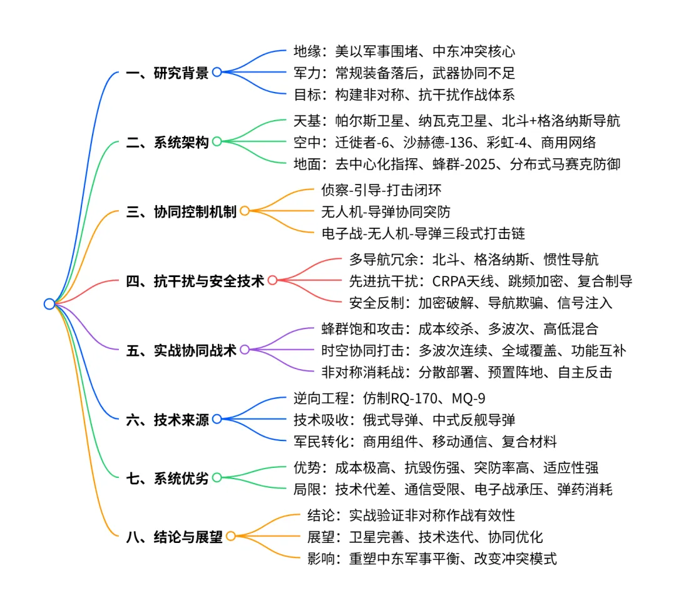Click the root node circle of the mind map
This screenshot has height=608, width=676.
[49, 304]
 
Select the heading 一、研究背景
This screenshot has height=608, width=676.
[167, 73]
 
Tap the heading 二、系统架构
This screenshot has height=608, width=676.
[167, 142]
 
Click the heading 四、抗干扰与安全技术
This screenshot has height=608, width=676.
[195, 281]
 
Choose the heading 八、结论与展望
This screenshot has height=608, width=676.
[175, 537]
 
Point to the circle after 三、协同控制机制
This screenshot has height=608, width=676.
[245, 211]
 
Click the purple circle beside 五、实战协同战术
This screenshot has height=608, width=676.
[245, 350]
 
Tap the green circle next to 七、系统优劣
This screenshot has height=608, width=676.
[217, 479]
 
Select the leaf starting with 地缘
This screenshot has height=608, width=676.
[404, 50]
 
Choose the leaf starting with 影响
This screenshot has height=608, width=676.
[432, 559]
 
